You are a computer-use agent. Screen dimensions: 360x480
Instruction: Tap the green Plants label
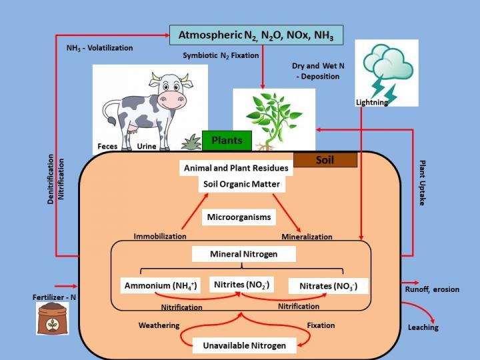tap(227, 141)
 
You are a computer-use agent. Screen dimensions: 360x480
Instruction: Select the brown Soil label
tap(325, 160)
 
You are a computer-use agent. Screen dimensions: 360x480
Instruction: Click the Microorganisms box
tap(239, 217)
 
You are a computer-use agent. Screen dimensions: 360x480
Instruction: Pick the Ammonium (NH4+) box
tap(161, 286)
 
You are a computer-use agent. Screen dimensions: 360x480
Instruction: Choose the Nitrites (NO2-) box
tap(241, 285)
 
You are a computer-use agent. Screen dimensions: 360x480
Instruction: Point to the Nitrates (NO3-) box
tap(328, 286)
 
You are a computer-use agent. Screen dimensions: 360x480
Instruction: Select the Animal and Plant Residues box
tap(237, 168)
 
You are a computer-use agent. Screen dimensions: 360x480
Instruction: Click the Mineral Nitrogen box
tap(243, 254)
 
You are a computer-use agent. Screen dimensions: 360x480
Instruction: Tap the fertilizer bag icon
tap(53, 318)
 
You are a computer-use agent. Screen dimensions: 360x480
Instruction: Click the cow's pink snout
tap(173, 100)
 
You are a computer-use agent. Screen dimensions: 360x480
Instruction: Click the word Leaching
tap(423, 327)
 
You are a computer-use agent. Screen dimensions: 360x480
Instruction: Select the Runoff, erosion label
tap(432, 289)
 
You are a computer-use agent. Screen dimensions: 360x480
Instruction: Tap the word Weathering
tap(159, 325)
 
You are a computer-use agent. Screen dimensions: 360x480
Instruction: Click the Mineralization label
tap(307, 237)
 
